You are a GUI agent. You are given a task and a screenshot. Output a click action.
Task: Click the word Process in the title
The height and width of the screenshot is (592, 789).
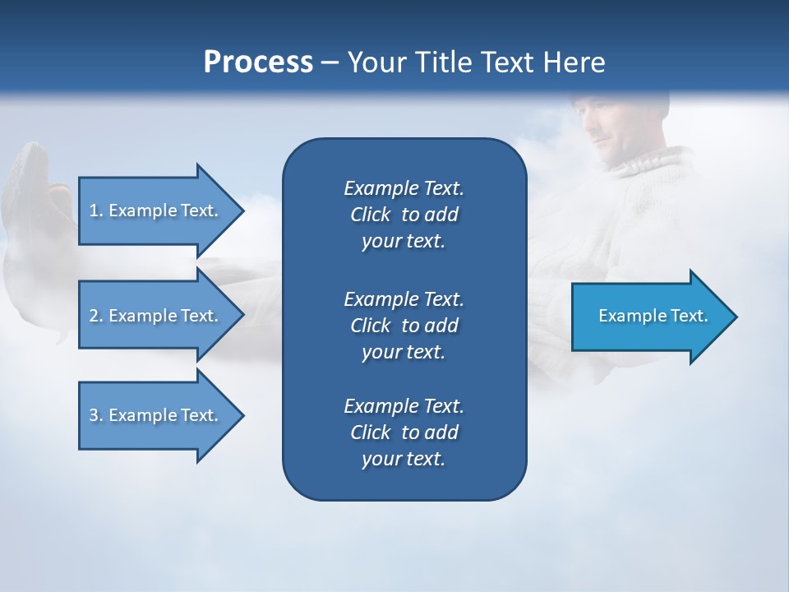tap(258, 62)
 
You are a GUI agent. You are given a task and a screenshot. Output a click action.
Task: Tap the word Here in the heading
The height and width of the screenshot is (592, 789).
tap(572, 62)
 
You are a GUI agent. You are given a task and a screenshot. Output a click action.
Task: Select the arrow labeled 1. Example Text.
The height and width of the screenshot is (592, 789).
tap(156, 210)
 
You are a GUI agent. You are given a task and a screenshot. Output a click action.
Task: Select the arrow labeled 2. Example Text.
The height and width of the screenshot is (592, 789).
tap(156, 316)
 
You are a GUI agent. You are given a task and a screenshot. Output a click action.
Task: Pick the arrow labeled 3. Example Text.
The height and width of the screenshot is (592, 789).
tap(156, 415)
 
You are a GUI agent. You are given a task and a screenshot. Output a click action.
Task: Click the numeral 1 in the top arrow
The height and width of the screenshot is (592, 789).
tap(94, 210)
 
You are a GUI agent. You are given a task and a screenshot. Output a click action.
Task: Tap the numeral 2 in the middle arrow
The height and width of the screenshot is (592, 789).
tap(94, 316)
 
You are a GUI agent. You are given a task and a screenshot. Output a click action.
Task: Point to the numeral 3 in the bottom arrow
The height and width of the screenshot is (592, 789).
tap(94, 415)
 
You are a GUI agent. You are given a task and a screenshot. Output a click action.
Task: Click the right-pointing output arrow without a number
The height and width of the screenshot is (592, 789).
tap(649, 316)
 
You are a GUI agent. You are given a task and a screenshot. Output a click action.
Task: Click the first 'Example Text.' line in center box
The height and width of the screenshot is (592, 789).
tap(404, 188)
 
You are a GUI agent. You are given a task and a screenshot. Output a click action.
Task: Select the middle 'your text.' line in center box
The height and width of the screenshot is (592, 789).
tap(404, 352)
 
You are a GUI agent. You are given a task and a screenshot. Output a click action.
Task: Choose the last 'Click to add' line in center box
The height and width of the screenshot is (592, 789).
tap(404, 432)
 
